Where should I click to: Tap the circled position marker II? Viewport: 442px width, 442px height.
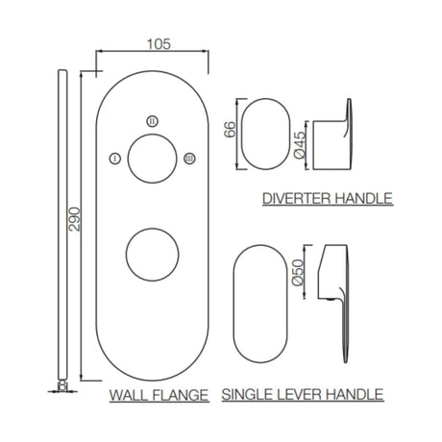click(151, 120)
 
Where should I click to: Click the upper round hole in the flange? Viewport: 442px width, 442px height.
click(151, 158)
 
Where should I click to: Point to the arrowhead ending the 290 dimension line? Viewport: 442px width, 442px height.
click(80, 376)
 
